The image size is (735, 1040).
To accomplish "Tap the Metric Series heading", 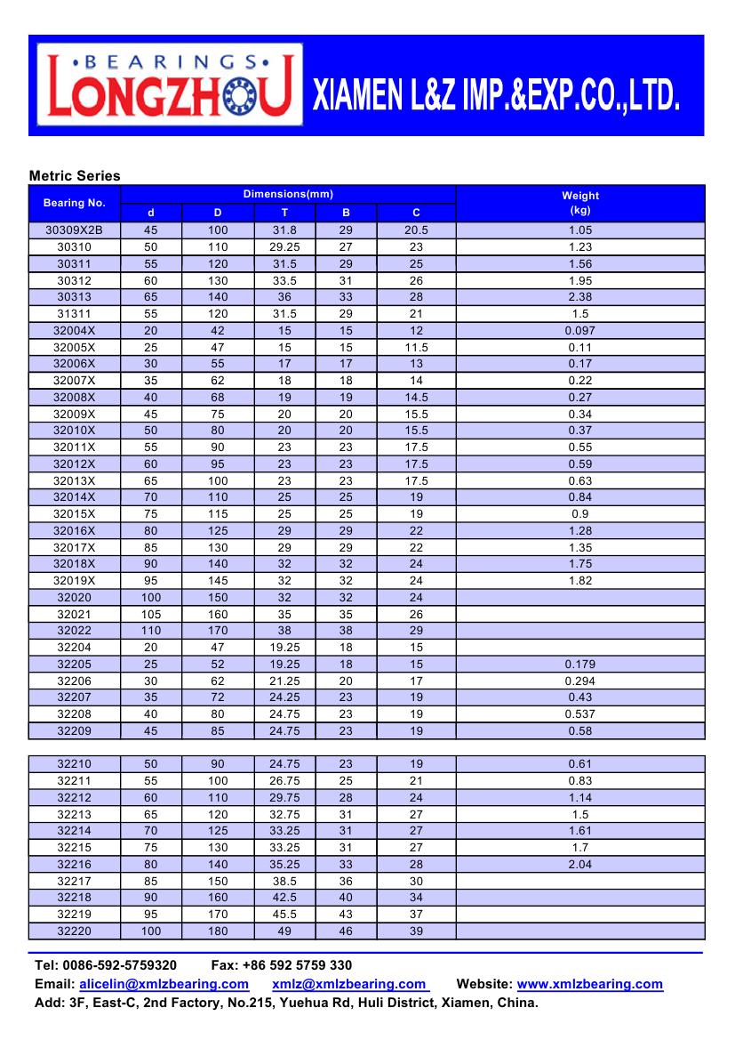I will click(x=75, y=176).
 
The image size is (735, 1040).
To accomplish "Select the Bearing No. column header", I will click(x=75, y=203).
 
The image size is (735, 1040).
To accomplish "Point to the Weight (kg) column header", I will click(x=579, y=203).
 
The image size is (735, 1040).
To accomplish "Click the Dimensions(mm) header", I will click(x=288, y=194).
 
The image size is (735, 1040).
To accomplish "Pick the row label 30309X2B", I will click(x=75, y=230).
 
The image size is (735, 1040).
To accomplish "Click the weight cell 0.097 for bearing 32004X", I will click(x=579, y=330).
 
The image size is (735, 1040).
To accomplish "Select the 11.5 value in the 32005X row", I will click(x=416, y=347).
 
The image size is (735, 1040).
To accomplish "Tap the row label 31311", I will click(x=75, y=314).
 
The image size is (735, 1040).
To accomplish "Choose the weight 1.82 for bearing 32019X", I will click(x=579, y=580).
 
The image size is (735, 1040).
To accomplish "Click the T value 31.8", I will click(x=285, y=230).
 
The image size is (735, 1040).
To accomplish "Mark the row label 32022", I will click(x=75, y=631).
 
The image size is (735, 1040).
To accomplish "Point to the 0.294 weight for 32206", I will click(x=579, y=681).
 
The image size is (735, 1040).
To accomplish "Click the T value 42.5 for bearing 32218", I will click(x=285, y=898).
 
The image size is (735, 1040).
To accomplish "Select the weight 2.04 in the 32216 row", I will click(x=579, y=864).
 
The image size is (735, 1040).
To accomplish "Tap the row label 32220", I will click(x=75, y=931).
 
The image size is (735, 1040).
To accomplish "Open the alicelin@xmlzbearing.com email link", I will click(x=164, y=984).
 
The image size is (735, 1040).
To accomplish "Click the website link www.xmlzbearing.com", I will click(x=590, y=984).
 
